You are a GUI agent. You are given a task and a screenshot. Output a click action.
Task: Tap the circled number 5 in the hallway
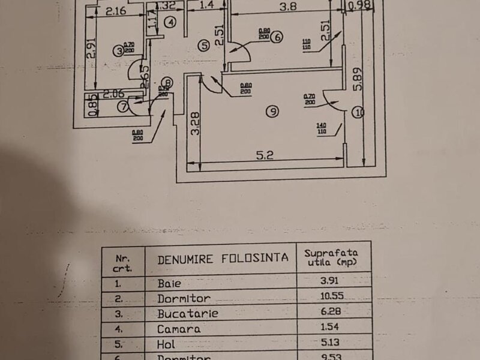[204, 45]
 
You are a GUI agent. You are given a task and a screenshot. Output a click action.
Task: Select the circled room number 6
[276, 37]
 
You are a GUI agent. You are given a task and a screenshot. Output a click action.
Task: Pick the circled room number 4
[171, 23]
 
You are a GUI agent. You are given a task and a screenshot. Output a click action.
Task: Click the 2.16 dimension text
[115, 10]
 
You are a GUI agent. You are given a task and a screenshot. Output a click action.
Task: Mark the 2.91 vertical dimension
[91, 56]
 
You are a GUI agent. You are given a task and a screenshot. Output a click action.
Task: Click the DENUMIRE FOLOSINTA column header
[223, 259]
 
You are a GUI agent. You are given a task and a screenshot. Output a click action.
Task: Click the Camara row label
[179, 329]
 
